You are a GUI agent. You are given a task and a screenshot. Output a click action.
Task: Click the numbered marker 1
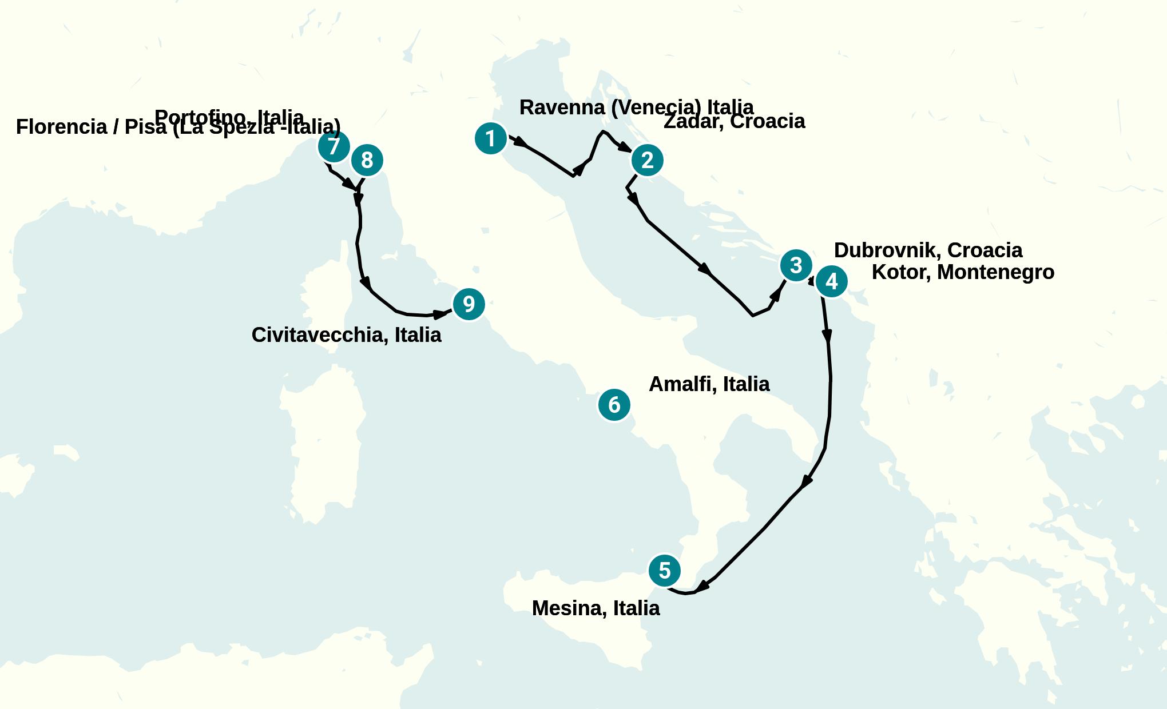click(491, 138)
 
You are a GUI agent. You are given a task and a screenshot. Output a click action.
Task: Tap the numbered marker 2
click(647, 160)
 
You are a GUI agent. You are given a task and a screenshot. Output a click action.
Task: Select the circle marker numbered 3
click(796, 265)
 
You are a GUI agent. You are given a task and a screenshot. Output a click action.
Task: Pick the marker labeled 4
click(831, 281)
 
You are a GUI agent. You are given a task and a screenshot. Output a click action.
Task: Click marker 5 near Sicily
click(664, 571)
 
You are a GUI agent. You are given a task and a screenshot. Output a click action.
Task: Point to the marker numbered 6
click(614, 405)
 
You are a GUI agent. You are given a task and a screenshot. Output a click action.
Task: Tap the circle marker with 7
click(334, 146)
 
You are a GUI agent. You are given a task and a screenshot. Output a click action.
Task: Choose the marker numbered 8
click(367, 161)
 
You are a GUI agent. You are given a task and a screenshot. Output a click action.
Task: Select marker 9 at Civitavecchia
click(469, 304)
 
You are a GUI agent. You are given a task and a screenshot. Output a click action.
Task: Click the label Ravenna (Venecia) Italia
click(636, 107)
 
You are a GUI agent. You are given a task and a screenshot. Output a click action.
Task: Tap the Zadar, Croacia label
click(734, 121)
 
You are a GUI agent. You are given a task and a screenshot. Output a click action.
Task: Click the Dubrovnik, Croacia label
click(928, 250)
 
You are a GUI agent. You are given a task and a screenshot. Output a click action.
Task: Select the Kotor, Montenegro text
click(963, 272)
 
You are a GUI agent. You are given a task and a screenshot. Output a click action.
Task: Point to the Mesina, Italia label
click(596, 608)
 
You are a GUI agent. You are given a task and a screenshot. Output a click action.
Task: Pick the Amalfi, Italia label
click(709, 384)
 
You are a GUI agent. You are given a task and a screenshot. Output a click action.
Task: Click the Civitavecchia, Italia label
click(346, 335)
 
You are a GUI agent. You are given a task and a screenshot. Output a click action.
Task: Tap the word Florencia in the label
click(61, 127)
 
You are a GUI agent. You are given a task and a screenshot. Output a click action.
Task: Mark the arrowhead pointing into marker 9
click(440, 314)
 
